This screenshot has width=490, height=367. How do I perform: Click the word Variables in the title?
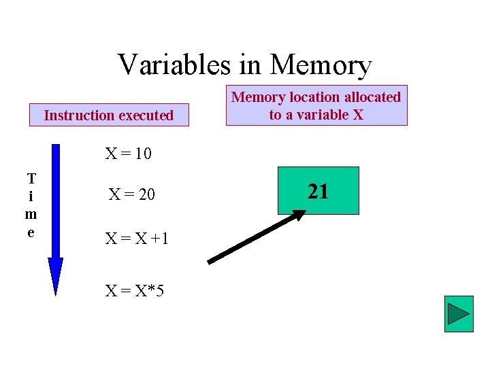[174, 65]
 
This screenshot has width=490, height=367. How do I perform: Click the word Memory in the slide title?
[321, 65]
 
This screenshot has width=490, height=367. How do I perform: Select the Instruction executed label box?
[108, 116]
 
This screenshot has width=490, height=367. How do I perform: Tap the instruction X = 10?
[128, 154]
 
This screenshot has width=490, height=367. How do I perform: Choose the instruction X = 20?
[132, 196]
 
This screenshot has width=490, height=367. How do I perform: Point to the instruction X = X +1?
[137, 239]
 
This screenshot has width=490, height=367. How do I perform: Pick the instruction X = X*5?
[134, 291]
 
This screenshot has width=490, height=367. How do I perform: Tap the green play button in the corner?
[458, 314]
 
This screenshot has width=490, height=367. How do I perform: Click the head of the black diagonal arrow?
[299, 215]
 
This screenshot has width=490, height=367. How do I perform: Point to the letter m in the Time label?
[31, 215]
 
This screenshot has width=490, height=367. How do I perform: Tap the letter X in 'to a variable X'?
[357, 115]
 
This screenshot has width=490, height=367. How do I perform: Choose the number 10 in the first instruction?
[143, 154]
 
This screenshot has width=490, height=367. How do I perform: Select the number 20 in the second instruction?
[146, 196]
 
